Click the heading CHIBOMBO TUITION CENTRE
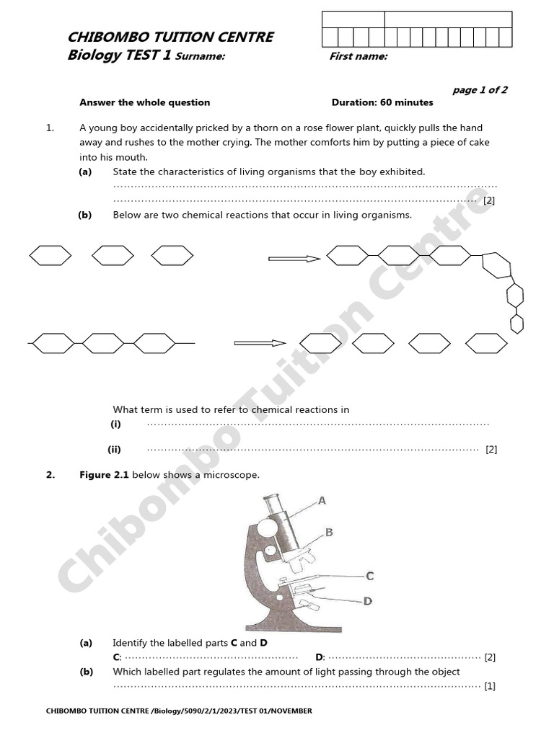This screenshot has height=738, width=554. [170, 37]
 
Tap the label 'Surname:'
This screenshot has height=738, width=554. [201, 57]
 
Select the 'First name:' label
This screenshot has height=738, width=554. [359, 57]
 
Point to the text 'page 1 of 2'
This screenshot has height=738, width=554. [480, 90]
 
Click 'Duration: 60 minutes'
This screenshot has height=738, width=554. [382, 102]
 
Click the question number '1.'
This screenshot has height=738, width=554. [50, 128]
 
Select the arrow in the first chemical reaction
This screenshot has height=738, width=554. [294, 259]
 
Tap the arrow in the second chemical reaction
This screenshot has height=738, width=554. [260, 343]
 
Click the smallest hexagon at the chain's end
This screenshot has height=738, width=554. [516, 324]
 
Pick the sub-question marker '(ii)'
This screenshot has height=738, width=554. [115, 449]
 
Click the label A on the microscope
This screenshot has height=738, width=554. [322, 500]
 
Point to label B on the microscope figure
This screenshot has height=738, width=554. [329, 533]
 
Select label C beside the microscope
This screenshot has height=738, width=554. [369, 576]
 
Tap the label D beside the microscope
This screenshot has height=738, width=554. [367, 600]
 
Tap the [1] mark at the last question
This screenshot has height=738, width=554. [490, 686]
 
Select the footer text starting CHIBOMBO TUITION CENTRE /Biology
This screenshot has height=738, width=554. [179, 711]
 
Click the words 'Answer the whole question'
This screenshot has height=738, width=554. [144, 102]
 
